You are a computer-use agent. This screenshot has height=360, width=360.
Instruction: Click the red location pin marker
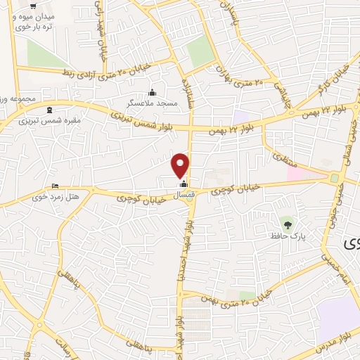click(x=181, y=165)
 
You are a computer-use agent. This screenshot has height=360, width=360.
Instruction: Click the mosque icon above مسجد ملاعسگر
click(x=153, y=92)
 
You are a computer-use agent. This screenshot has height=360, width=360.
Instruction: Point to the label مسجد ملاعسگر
click(x=152, y=103)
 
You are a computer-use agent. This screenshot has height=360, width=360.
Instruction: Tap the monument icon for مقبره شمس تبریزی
click(x=49, y=110)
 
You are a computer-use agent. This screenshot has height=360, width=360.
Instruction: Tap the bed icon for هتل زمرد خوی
click(x=56, y=186)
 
